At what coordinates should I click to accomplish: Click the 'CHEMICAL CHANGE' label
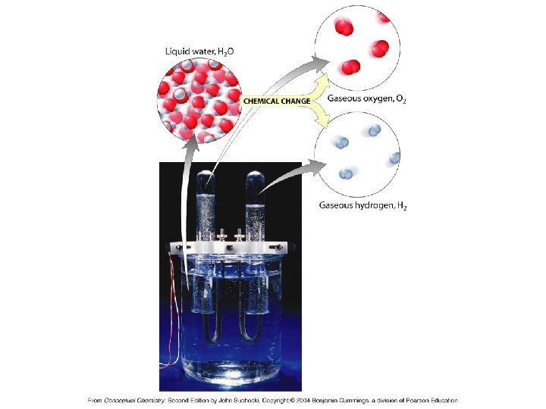pos(276,101)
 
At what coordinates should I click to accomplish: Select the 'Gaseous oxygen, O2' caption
pos(366,98)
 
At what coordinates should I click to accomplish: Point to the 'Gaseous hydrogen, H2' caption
pos(362,205)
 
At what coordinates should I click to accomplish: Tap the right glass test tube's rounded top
pos(254,180)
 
